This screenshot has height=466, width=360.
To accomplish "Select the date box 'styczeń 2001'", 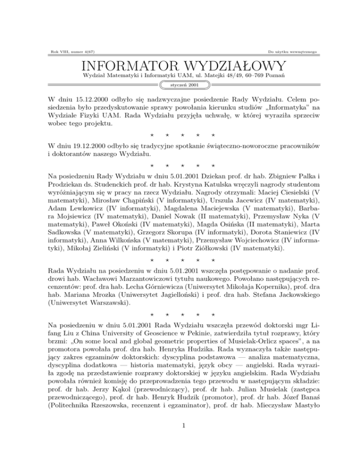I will [x=180, y=85].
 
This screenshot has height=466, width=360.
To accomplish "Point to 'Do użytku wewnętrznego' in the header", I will [x=293, y=49].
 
